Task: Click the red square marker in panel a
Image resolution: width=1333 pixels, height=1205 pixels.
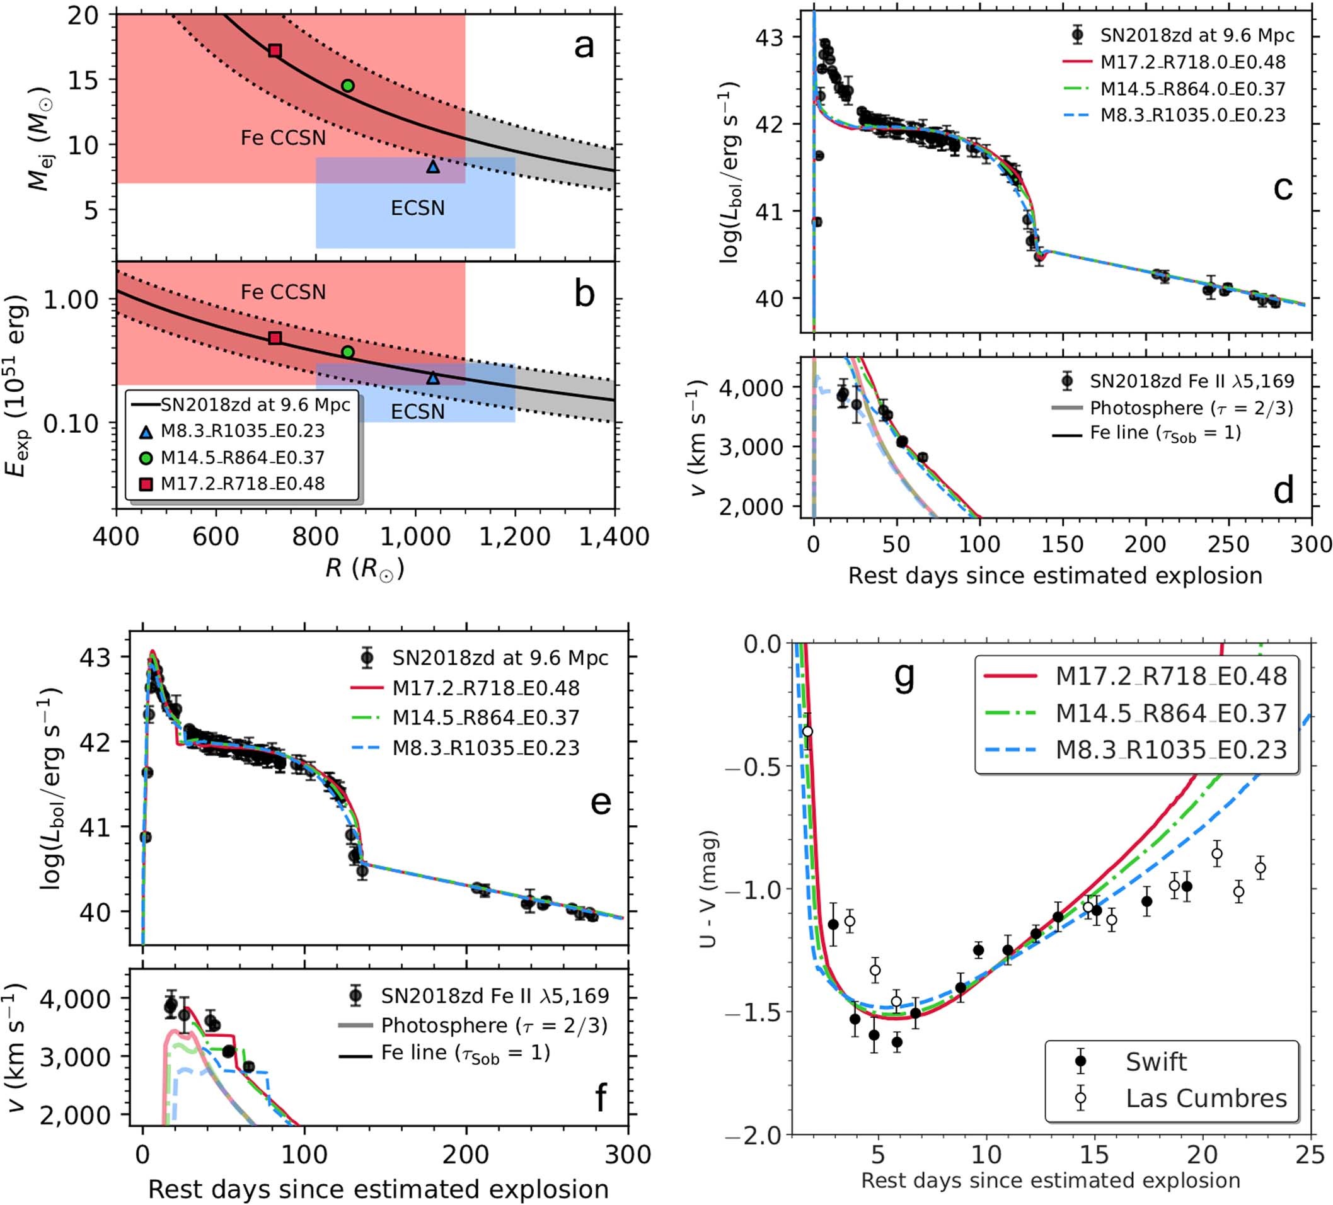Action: [275, 51]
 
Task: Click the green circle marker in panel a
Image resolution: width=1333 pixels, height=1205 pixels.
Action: [348, 85]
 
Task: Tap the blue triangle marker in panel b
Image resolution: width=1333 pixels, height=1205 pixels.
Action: [433, 378]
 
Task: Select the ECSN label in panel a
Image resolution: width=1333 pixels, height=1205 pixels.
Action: [417, 208]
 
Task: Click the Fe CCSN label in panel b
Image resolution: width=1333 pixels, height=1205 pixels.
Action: [283, 292]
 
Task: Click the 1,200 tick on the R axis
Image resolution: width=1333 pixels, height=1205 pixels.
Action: [515, 537]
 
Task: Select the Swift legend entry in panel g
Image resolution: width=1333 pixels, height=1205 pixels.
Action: [1156, 1061]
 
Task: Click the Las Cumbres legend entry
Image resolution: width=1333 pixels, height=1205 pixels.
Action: [1206, 1098]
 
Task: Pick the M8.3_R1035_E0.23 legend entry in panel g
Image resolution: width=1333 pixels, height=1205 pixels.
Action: [1171, 750]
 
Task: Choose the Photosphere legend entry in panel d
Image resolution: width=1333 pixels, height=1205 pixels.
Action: [1191, 408]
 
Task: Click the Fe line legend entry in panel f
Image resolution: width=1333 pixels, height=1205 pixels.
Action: [466, 1053]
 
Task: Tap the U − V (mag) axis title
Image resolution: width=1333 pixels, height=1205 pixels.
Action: [709, 889]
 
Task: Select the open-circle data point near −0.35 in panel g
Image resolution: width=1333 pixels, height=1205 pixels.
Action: [807, 731]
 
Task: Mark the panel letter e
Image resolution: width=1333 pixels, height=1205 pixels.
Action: [601, 802]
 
